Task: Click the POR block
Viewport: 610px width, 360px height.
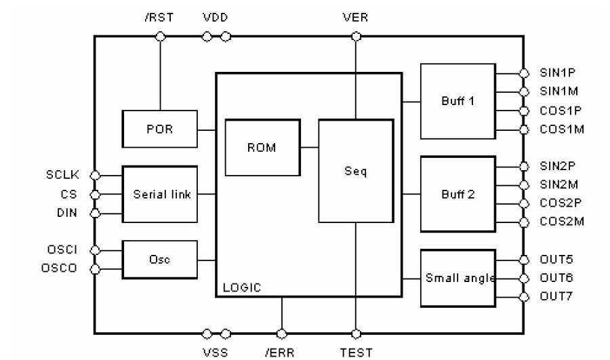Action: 159,128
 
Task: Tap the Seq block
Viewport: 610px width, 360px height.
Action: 355,171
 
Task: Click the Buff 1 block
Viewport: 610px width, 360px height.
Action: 457,101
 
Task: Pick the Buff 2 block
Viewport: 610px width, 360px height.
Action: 457,194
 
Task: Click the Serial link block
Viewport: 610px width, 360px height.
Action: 159,194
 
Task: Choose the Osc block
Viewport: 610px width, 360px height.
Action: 159,259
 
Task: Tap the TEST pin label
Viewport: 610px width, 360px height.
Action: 355,352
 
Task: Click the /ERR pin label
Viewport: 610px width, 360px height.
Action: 281,352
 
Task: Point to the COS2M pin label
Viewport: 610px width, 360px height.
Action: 561,222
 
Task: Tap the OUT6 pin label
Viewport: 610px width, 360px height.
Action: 556,278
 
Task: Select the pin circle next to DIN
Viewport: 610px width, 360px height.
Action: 95,213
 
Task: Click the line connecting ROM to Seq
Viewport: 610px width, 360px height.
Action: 308,146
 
